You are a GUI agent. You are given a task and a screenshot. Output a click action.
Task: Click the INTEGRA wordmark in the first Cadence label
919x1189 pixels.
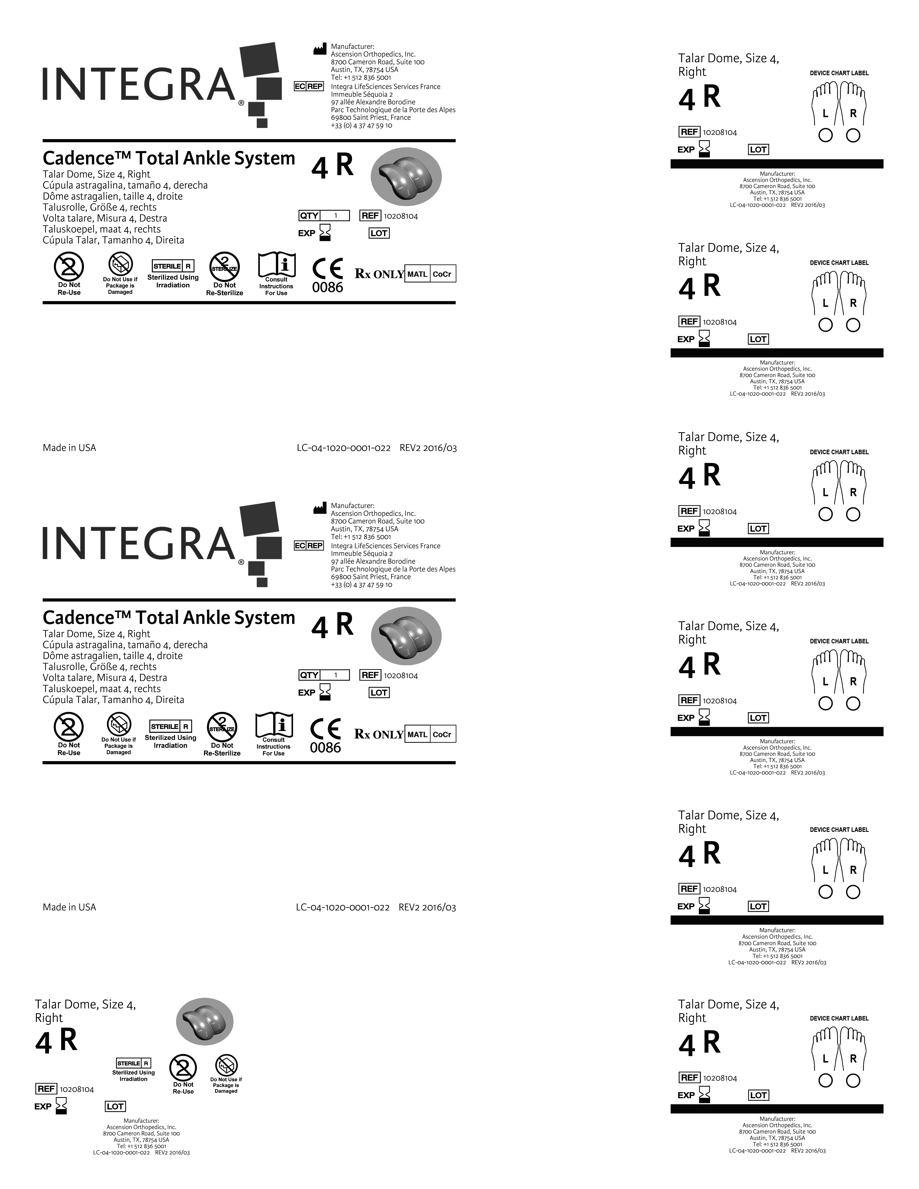click(139, 84)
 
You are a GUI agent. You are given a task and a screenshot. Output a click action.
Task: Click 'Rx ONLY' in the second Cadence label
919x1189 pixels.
click(379, 734)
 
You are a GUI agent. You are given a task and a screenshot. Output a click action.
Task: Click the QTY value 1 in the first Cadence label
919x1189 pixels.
click(335, 216)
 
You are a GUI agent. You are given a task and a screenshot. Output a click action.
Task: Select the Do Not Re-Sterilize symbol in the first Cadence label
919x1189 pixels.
click(224, 267)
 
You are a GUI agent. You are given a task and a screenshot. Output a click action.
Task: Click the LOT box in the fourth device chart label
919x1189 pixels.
click(758, 718)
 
